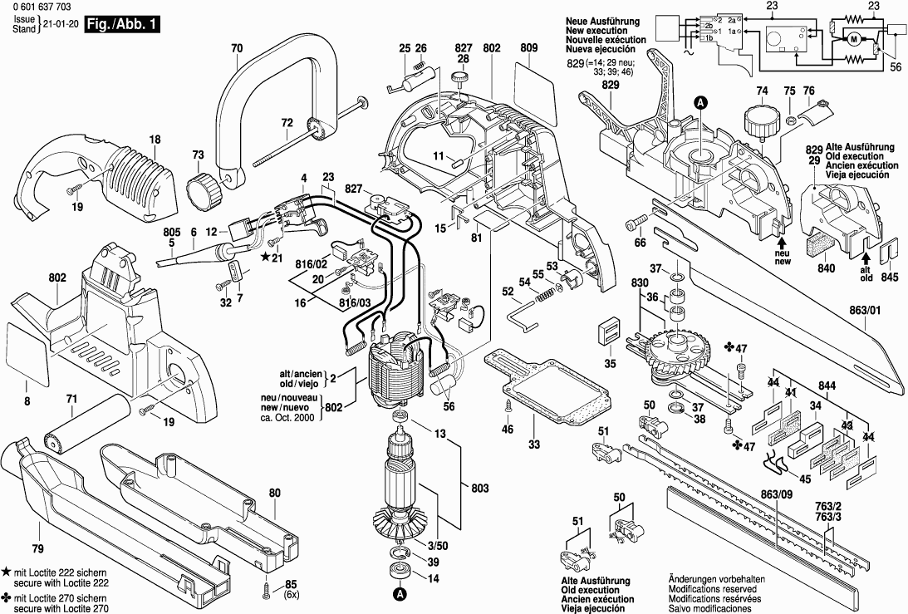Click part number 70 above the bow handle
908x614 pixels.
[237, 49]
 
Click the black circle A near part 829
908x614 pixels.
[700, 103]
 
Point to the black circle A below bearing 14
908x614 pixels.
[400, 594]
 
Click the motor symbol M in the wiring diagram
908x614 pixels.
[853, 39]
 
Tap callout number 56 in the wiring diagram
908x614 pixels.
[896, 68]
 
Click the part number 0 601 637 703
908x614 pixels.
[42, 8]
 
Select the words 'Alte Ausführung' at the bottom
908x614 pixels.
[596, 581]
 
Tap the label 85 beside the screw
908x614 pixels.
[291, 583]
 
